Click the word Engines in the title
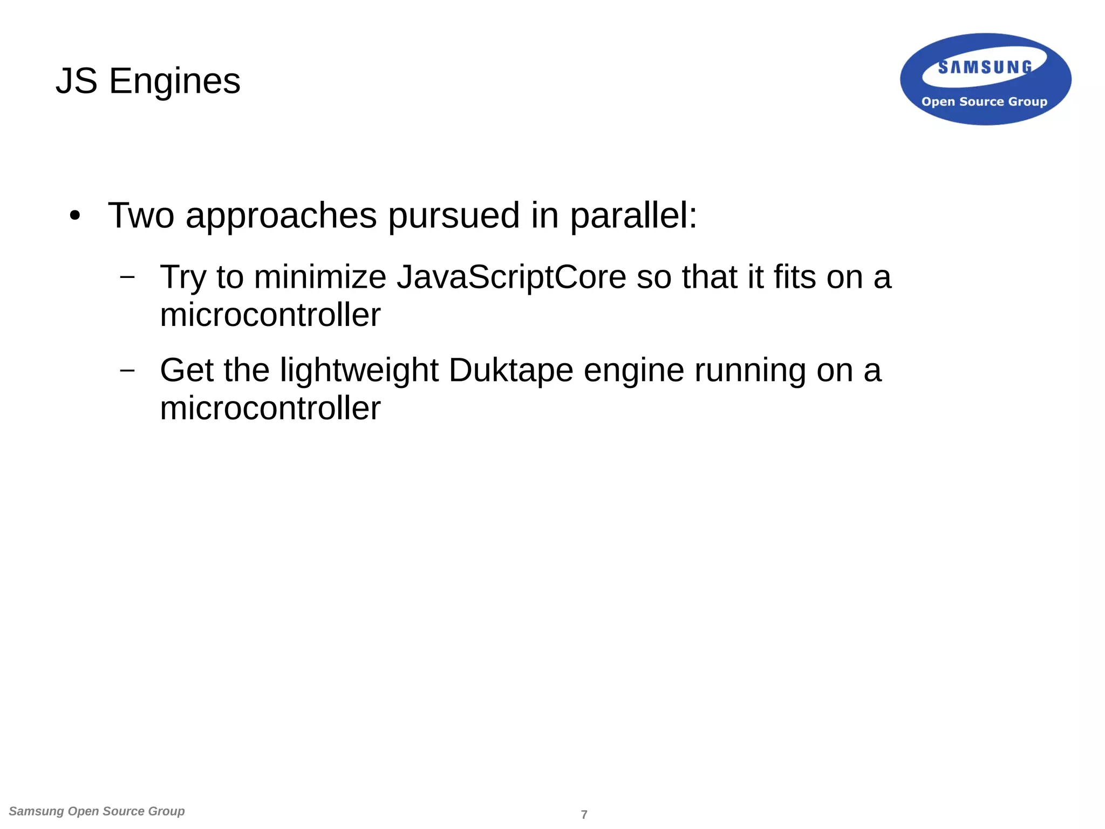[x=175, y=82]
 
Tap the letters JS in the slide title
[x=77, y=81]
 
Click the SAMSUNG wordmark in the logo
[x=985, y=67]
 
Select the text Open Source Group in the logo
[x=984, y=101]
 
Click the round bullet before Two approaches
[x=75, y=216]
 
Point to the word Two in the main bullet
[x=141, y=215]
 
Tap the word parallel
[x=633, y=215]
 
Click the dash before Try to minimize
[x=127, y=277]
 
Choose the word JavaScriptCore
[x=511, y=277]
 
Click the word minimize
[x=320, y=277]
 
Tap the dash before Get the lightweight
[x=127, y=370]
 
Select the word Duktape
[x=510, y=371]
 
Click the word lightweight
[x=359, y=371]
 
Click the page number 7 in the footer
[x=584, y=814]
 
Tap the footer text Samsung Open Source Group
[x=97, y=811]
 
